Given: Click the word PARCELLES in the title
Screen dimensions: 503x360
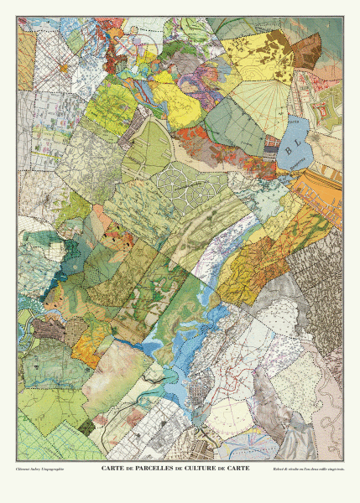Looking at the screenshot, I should tap(145, 469).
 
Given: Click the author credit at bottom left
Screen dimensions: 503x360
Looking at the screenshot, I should tap(40, 469).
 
